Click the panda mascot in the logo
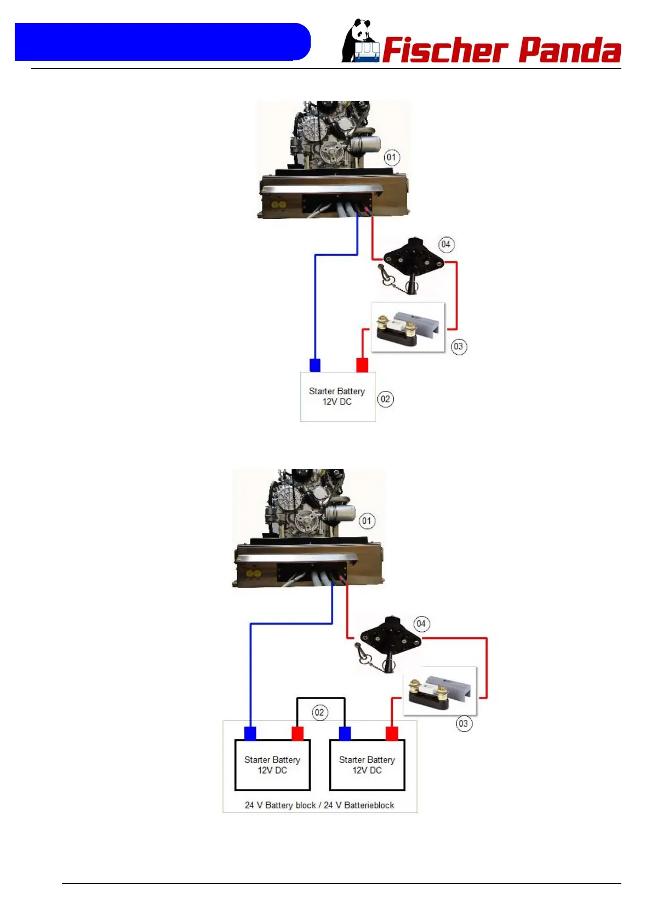359,42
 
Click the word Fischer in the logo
444,51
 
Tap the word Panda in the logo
569,51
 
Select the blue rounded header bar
162,42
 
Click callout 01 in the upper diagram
391,158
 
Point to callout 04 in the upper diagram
446,245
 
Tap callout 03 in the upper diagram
459,347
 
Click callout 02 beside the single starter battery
385,399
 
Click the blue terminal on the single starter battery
315,365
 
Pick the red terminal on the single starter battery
362,365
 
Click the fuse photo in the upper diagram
408,327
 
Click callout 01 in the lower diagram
367,521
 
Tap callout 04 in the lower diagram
421,624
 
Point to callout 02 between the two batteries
319,713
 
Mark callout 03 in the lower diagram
464,724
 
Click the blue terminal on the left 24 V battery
250,734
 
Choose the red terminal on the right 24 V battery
392,734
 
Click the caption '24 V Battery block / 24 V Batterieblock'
319,805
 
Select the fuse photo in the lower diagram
439,691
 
